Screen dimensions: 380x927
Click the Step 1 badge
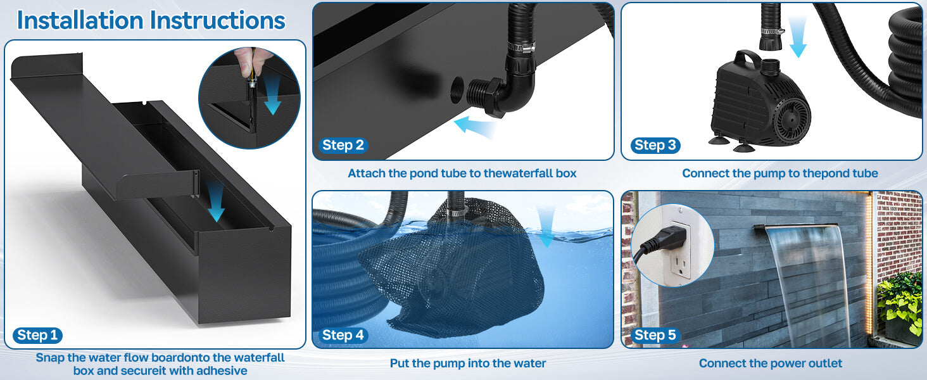pos(37,335)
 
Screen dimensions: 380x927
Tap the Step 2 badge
pos(343,145)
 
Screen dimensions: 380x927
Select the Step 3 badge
pos(655,145)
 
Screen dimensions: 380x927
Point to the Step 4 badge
pos(343,335)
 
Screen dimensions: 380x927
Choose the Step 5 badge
pos(655,335)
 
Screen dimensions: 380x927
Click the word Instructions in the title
pos(222,20)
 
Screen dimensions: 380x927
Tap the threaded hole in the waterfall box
pos(457,89)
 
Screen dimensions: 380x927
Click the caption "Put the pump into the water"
pos(467,363)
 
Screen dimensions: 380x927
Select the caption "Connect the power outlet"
pos(771,363)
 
